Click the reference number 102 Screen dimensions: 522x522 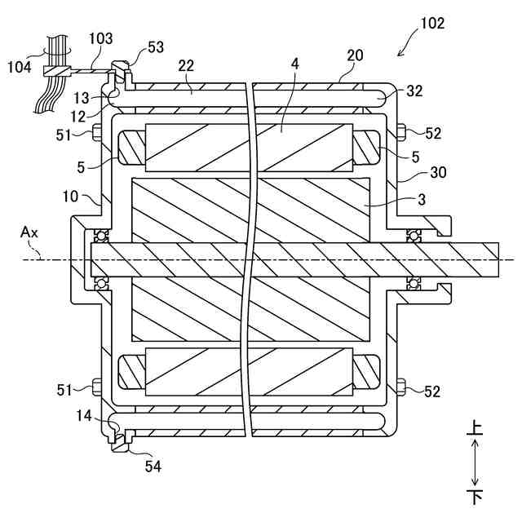(432, 23)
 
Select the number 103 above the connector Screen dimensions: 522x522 (101, 38)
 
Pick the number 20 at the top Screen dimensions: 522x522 (355, 56)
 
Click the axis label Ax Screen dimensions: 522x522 (29, 232)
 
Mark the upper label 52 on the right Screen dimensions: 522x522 (431, 131)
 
